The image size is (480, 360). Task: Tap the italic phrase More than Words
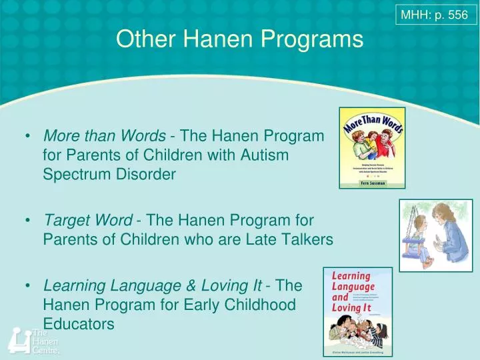click(x=105, y=136)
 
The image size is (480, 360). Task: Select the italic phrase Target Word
click(x=87, y=219)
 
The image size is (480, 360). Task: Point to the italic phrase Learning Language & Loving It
click(x=153, y=286)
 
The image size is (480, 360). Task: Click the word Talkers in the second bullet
click(x=308, y=239)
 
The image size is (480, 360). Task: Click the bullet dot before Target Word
click(x=29, y=220)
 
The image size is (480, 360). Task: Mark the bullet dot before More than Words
click(x=29, y=137)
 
